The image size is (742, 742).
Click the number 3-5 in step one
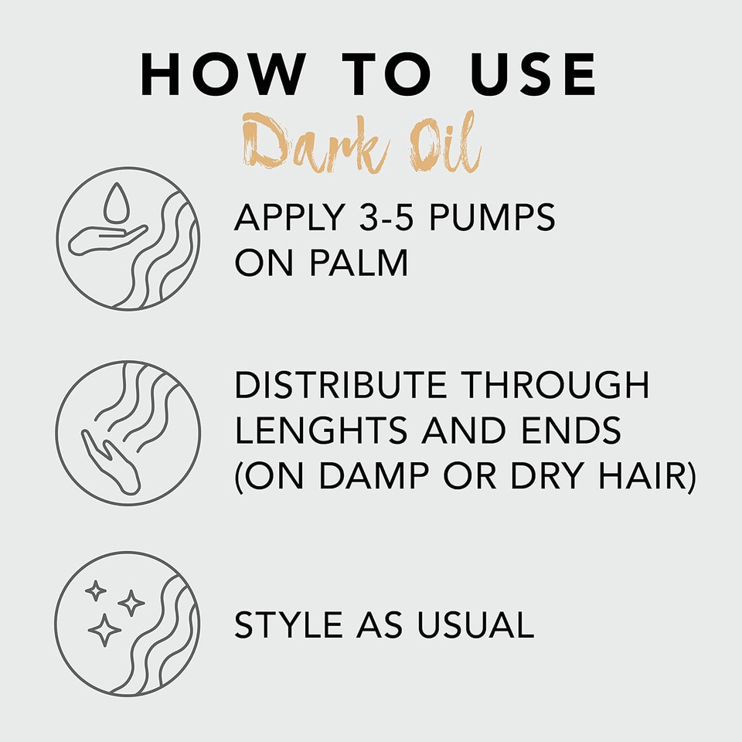click(366, 220)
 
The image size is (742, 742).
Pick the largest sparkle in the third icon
click(104, 630)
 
